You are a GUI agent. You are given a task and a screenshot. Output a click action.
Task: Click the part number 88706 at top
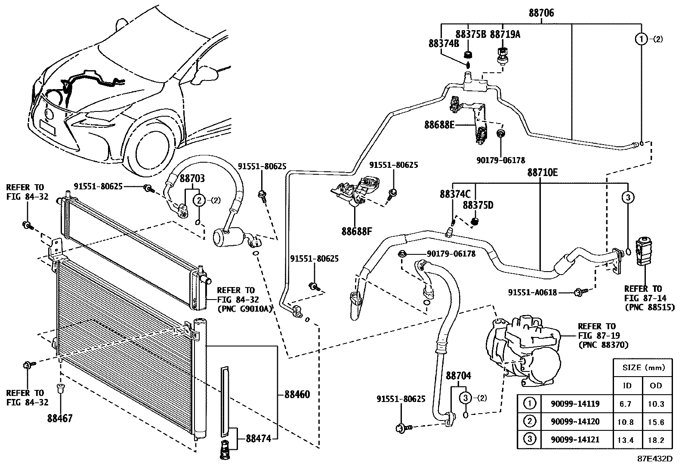point(541,13)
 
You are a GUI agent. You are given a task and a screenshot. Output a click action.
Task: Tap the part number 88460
point(296,394)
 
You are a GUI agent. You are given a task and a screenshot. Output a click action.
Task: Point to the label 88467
point(60,417)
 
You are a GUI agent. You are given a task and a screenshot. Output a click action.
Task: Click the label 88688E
point(439,125)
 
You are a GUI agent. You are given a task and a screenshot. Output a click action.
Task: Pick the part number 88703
point(192,178)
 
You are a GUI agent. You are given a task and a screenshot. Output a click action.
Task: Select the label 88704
point(458,376)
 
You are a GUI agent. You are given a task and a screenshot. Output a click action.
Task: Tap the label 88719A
point(505,34)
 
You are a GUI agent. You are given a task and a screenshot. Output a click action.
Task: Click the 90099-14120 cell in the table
point(575,422)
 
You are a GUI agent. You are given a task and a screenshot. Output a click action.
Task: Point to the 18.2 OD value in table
point(656,440)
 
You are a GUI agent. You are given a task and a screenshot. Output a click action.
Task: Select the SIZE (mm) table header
point(641,368)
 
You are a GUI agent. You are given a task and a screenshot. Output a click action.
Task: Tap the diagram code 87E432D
point(655,458)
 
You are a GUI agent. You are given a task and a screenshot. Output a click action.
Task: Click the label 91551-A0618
point(532,292)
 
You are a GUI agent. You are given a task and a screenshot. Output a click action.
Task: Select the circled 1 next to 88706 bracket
point(641,39)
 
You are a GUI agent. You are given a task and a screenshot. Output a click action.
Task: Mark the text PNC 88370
point(603,345)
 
